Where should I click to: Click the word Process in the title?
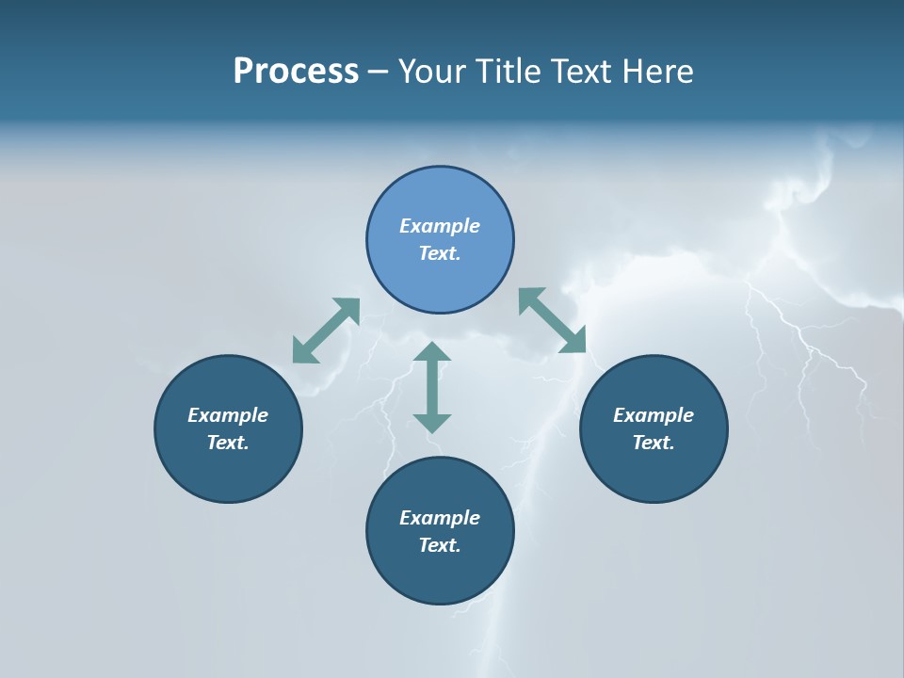[x=296, y=72]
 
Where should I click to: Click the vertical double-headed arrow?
[x=432, y=387]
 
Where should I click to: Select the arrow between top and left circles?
[x=326, y=331]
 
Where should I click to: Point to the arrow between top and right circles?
[x=553, y=321]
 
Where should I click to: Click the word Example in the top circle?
[x=440, y=226]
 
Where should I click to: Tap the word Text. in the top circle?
[x=440, y=253]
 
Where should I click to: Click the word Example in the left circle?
[x=228, y=415]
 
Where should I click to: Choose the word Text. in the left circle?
[x=228, y=443]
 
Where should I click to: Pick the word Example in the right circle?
[x=654, y=415]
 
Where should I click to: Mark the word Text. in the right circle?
[x=654, y=443]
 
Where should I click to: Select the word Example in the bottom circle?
[x=440, y=518]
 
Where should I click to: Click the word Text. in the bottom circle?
[x=440, y=545]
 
